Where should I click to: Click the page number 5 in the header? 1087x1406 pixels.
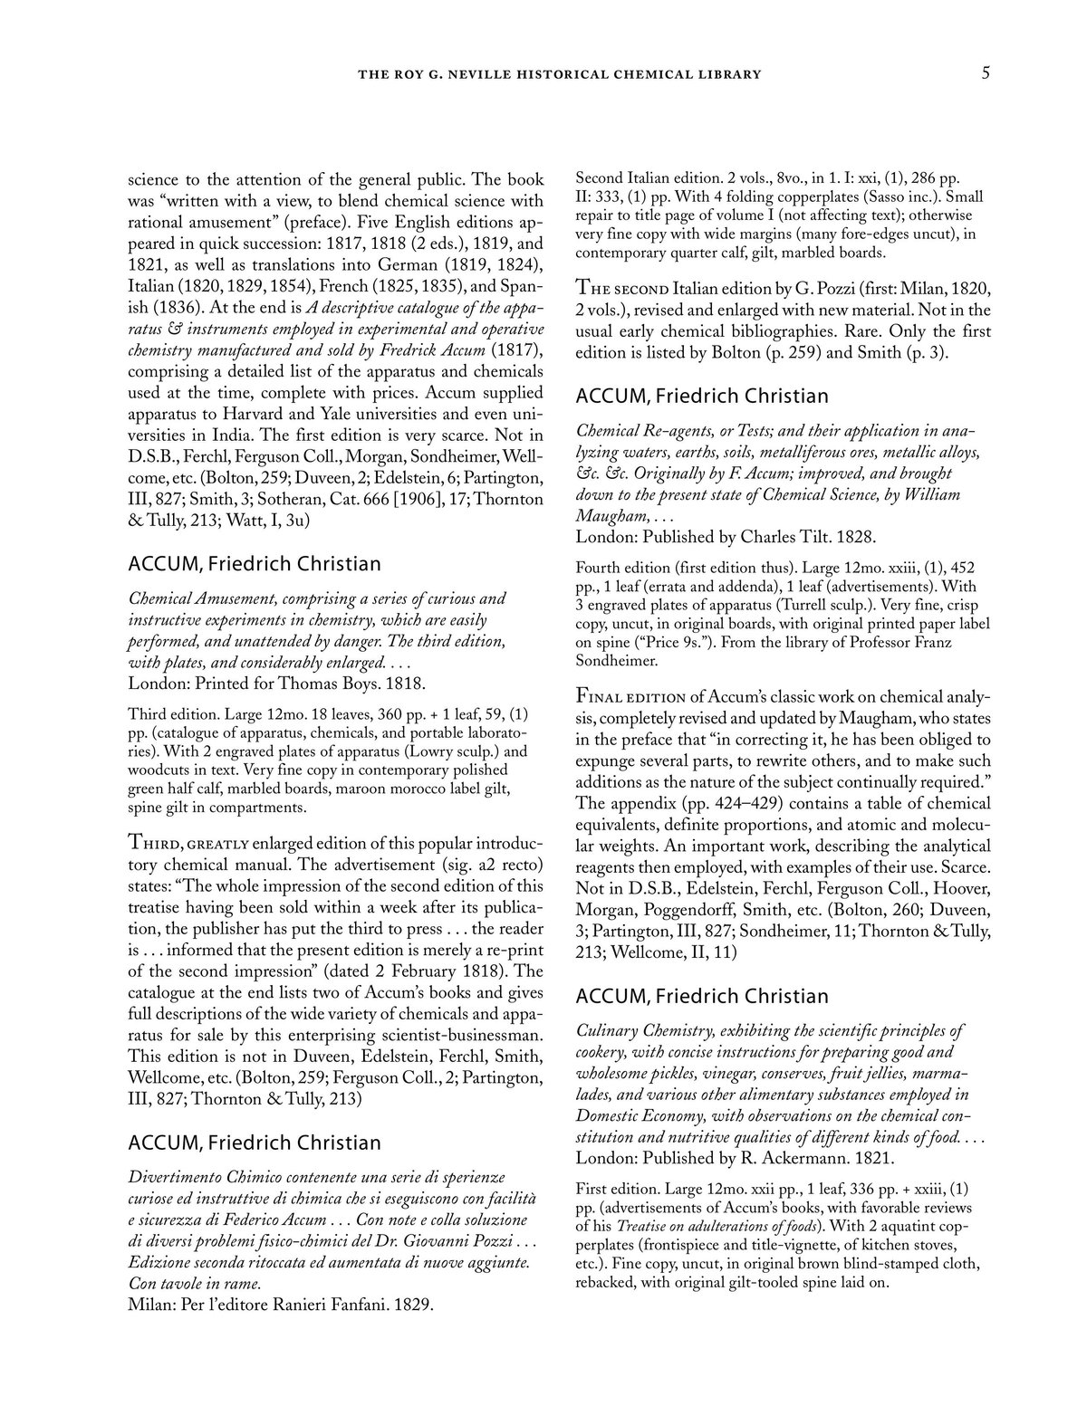pyautogui.click(x=985, y=73)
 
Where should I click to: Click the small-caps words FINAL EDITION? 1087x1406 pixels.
pyautogui.click(x=630, y=696)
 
